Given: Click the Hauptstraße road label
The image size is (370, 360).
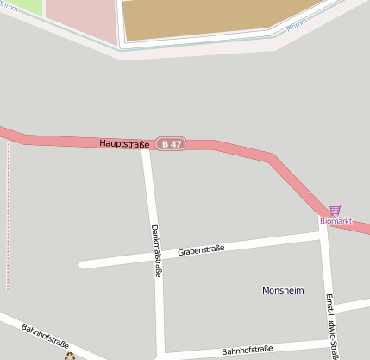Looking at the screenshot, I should pyautogui.click(x=124, y=142).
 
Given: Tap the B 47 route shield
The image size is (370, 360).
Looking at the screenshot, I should pyautogui.click(x=171, y=144).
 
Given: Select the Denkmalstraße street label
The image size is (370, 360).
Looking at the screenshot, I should pyautogui.click(x=156, y=250).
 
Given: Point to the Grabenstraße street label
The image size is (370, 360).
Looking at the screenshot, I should pyautogui.click(x=201, y=250).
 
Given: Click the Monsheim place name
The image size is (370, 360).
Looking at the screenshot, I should pyautogui.click(x=283, y=291).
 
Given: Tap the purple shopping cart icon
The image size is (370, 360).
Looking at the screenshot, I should pyautogui.click(x=335, y=210).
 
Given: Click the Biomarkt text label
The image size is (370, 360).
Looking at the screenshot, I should pyautogui.click(x=336, y=221).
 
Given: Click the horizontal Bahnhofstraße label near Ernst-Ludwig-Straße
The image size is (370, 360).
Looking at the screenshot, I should pyautogui.click(x=248, y=351).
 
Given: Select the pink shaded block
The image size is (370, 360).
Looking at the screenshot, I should pyautogui.click(x=82, y=19).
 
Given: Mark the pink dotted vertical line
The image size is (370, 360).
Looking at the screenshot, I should pyautogui.click(x=9, y=216).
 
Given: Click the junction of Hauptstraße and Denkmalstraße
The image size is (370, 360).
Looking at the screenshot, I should pyautogui.click(x=147, y=145).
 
